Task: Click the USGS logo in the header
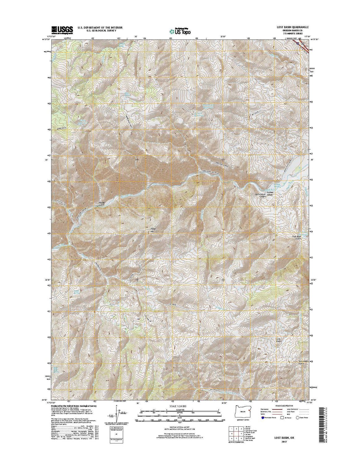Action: click(62, 29)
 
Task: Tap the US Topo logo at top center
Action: click(180, 31)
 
